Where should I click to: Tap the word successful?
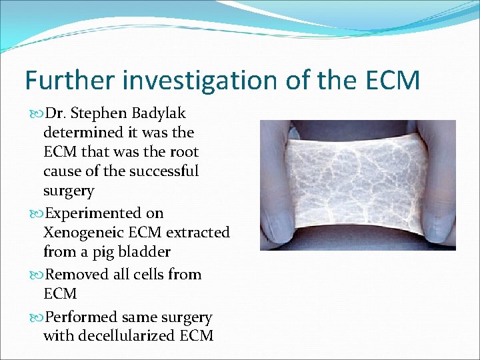pos(162,171)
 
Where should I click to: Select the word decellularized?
pos(125,335)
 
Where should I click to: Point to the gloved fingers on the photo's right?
pos(439,180)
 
